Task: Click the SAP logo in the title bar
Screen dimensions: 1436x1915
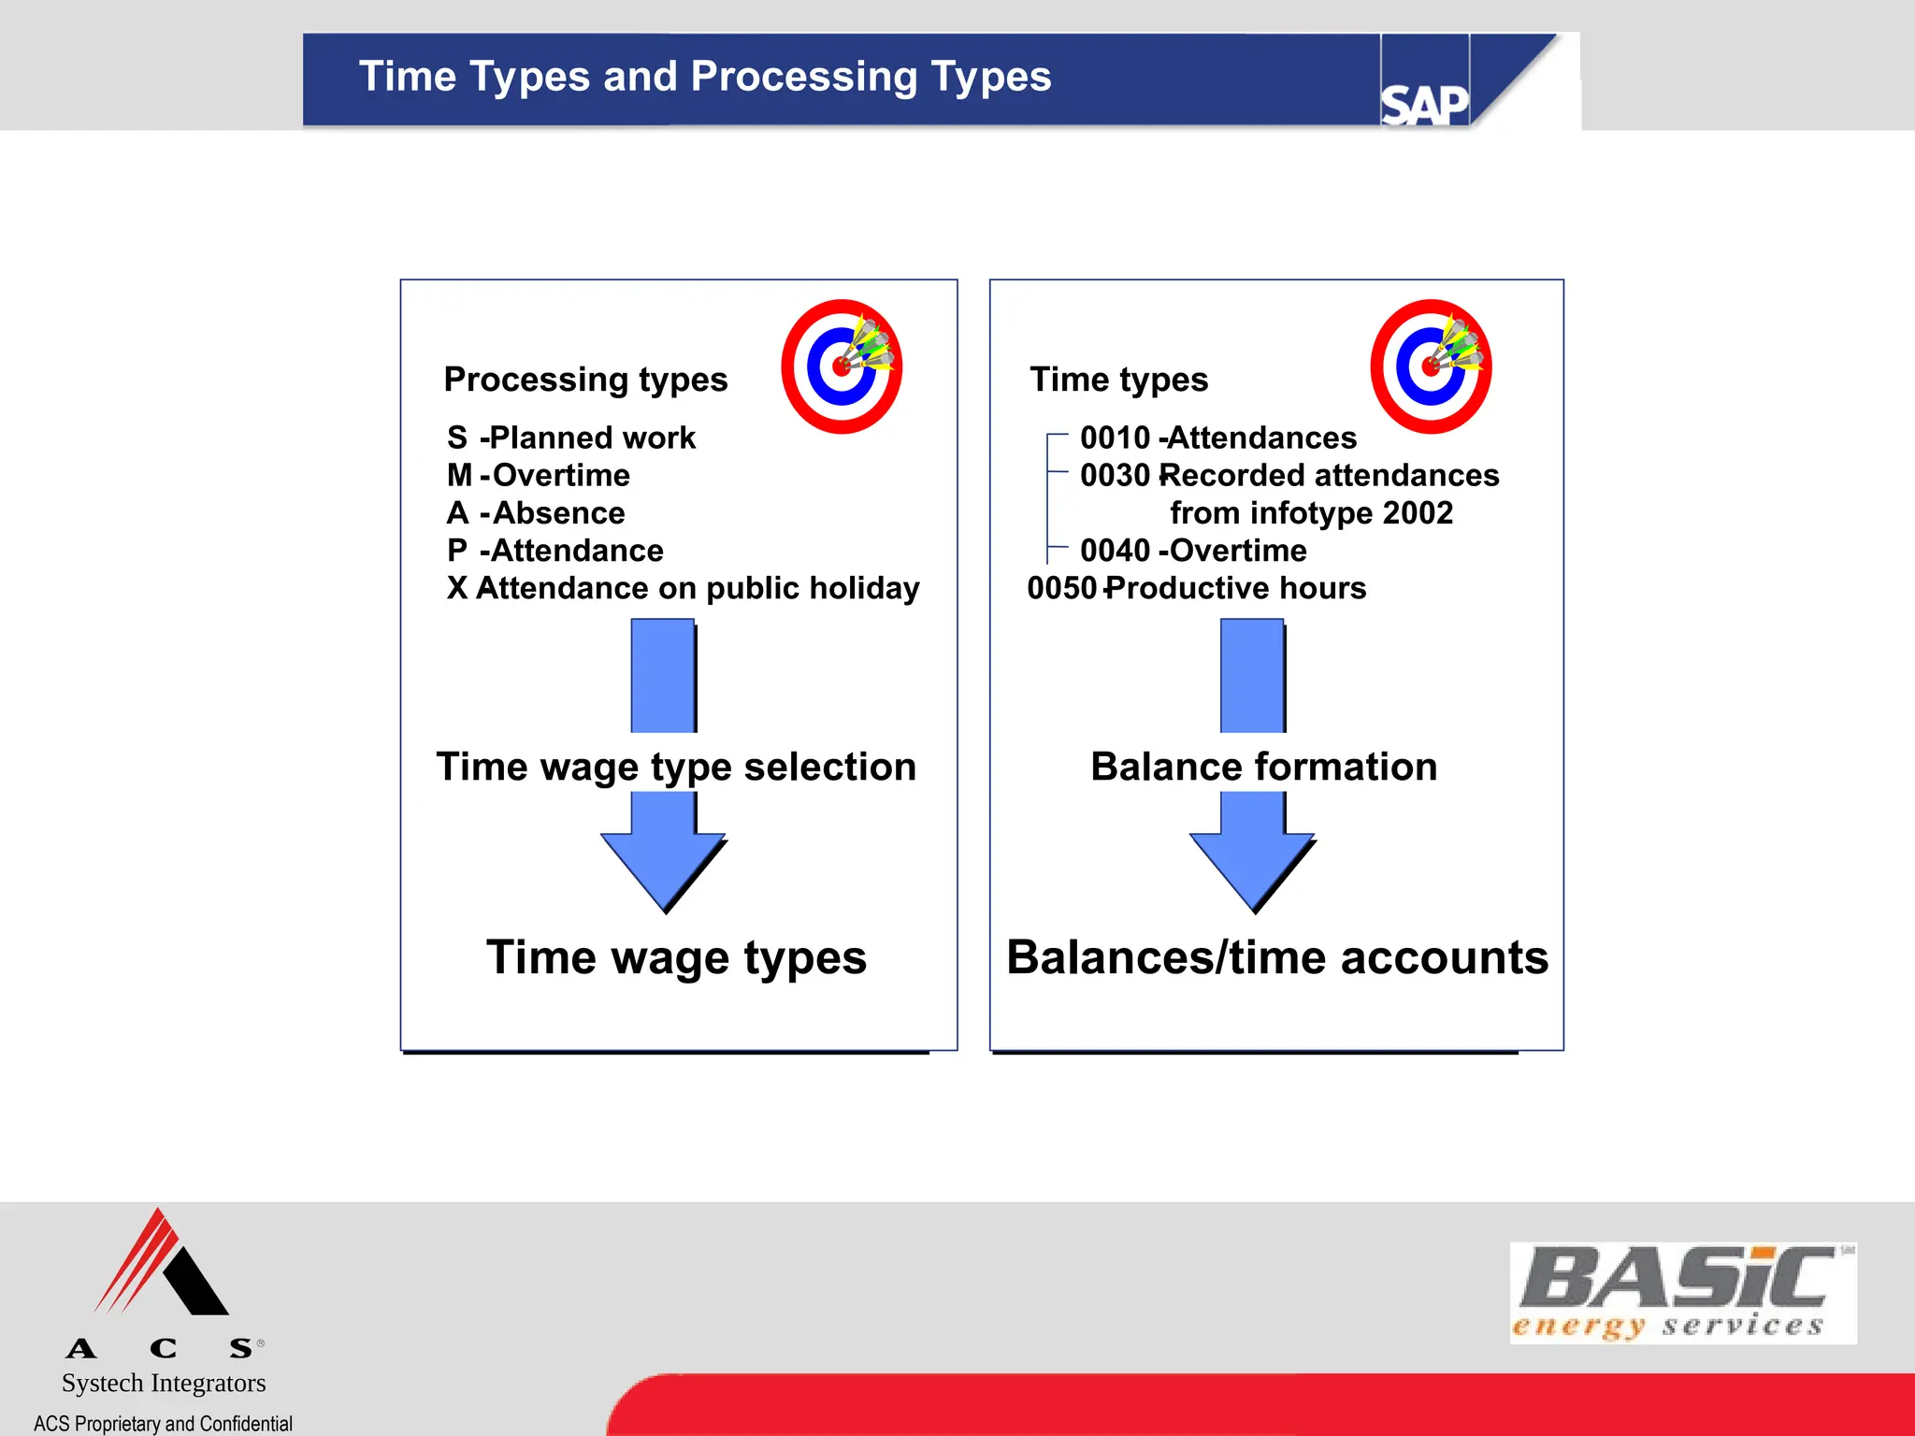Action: point(1423,103)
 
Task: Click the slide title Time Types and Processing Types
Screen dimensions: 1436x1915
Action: point(705,77)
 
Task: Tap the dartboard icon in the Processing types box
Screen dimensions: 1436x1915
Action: point(842,366)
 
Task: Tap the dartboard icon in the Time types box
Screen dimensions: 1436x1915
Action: point(1431,366)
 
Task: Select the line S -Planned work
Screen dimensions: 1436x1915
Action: point(571,438)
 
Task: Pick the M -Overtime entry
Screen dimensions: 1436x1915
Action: point(539,475)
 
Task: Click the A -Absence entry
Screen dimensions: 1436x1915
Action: point(536,513)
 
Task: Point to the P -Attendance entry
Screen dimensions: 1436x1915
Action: point(555,551)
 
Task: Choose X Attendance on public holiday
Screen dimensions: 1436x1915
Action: point(684,588)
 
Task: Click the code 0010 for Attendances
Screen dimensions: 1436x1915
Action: point(1115,438)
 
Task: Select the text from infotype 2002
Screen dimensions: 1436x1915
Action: point(1311,513)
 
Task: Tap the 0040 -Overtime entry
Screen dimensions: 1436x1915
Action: point(1193,551)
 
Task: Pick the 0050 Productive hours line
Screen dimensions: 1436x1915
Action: point(1197,588)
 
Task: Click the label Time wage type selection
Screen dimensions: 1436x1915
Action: point(676,767)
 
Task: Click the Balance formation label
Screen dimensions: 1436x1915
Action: point(1263,767)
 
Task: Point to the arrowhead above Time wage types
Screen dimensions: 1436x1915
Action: point(664,865)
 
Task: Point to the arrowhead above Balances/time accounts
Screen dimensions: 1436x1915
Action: point(1252,865)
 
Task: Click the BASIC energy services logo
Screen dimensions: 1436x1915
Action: point(1682,1293)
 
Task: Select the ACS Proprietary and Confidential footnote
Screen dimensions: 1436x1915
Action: point(163,1423)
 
